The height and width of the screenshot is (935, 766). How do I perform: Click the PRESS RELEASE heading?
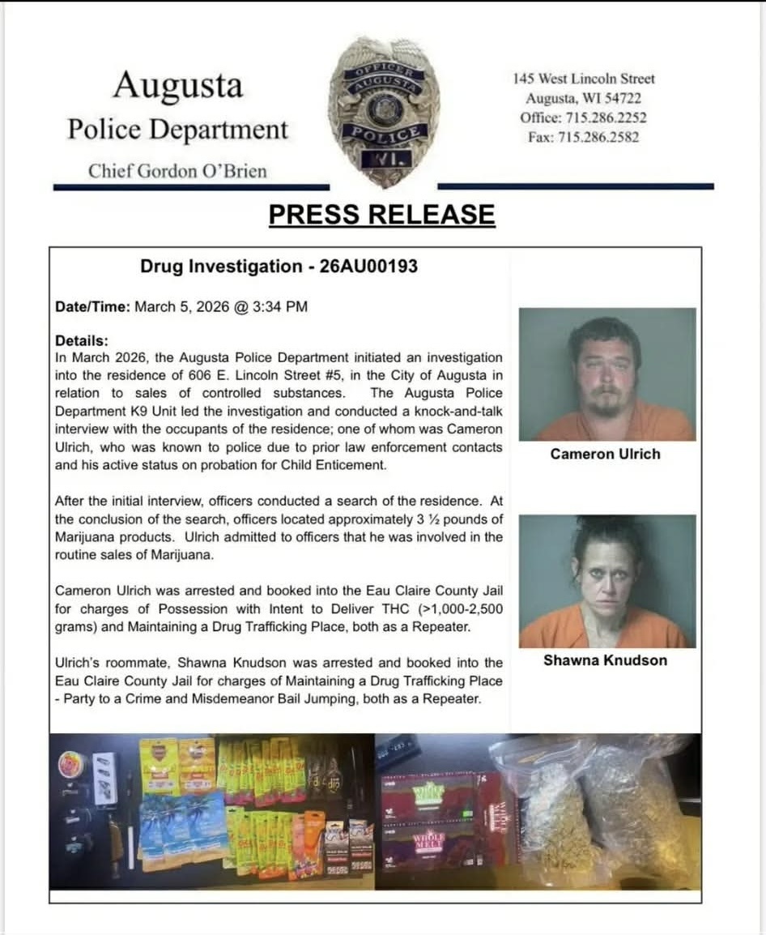pos(381,215)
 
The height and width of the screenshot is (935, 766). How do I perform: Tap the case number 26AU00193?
pos(368,266)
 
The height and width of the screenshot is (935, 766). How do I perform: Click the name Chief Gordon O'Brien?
pos(177,171)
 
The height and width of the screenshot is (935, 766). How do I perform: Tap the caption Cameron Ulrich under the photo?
pos(605,455)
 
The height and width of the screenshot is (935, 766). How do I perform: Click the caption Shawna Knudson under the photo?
pos(605,660)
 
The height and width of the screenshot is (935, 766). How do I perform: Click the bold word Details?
pos(81,341)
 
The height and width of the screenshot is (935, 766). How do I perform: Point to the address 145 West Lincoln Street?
pos(584,79)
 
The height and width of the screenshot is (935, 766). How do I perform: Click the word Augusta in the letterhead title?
pos(177,86)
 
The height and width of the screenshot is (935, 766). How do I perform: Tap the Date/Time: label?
pos(92,307)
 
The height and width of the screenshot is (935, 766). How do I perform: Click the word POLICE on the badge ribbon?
pos(385,134)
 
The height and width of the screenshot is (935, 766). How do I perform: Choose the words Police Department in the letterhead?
pos(177,130)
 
